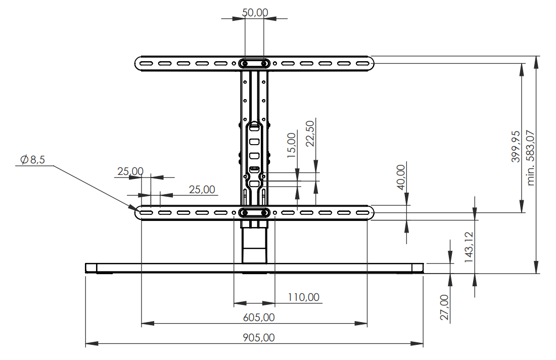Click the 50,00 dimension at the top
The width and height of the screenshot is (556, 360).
click(x=255, y=13)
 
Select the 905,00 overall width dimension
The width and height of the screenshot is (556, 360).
click(x=259, y=337)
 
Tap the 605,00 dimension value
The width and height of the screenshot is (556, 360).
click(x=259, y=317)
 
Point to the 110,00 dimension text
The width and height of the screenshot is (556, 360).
click(x=304, y=297)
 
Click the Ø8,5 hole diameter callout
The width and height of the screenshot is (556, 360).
click(x=33, y=160)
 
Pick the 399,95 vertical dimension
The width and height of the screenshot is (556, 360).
click(x=516, y=147)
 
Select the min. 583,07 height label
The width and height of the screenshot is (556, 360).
click(x=530, y=158)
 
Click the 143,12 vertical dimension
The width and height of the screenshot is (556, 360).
click(x=469, y=247)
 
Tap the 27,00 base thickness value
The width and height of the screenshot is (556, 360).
click(x=445, y=307)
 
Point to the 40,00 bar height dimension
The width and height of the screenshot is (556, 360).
click(x=401, y=177)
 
